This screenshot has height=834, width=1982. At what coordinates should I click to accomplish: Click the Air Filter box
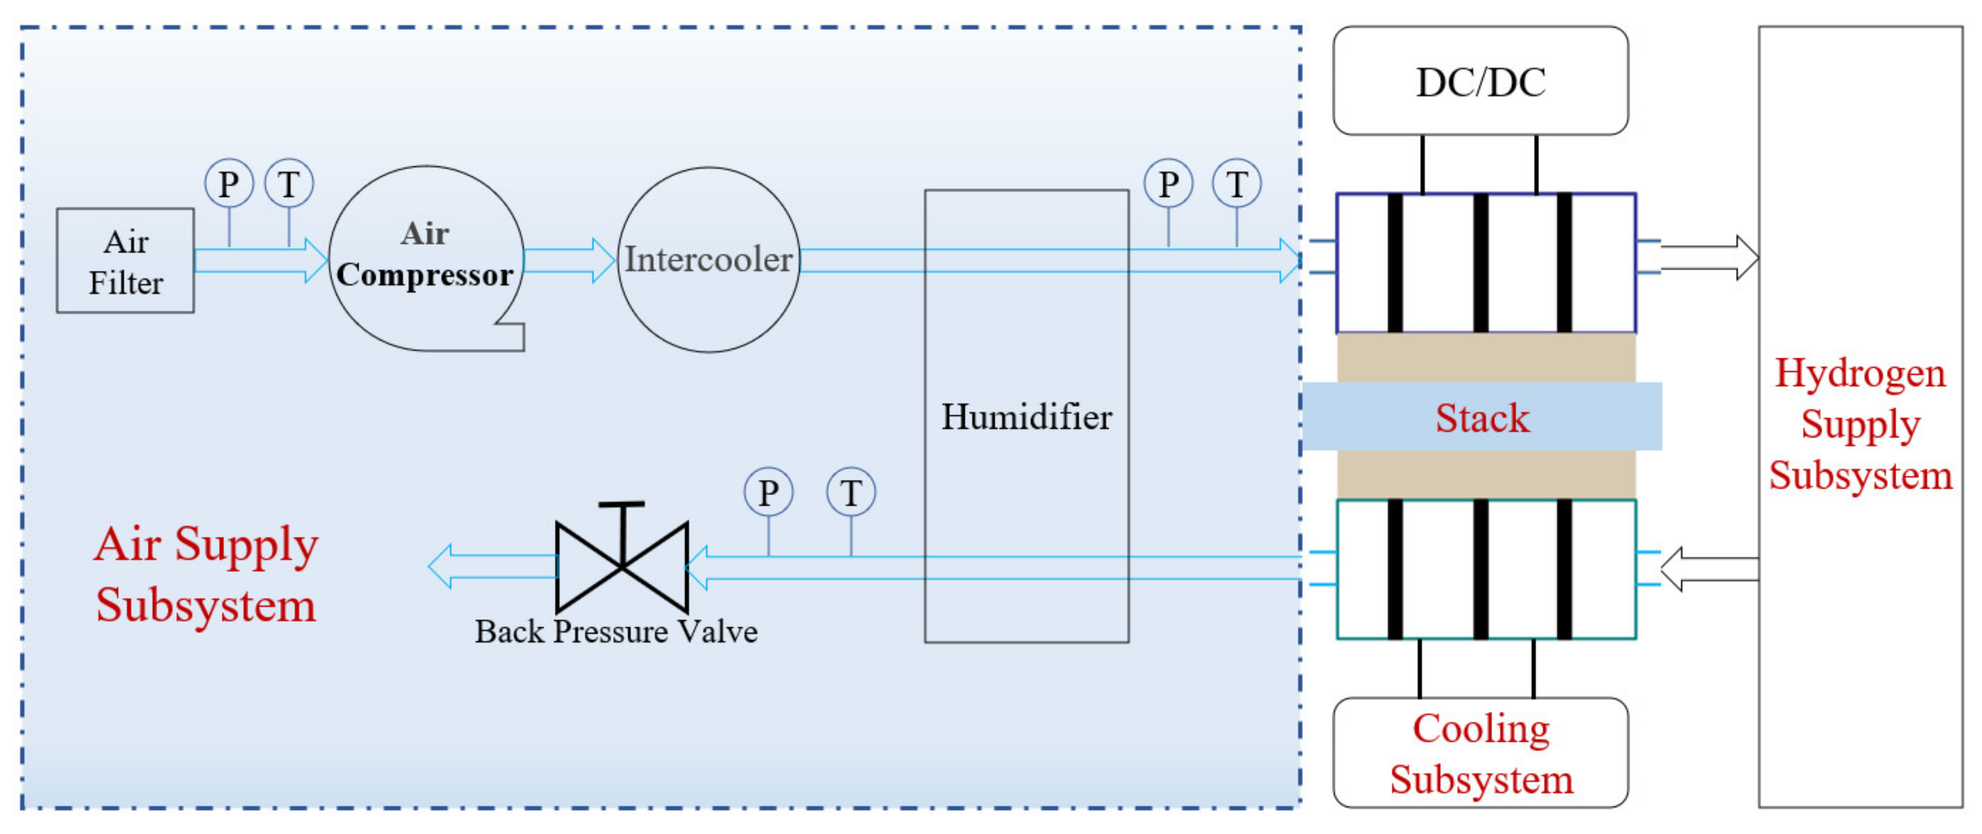tap(125, 261)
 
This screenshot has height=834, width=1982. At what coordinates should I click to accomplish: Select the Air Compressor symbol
tap(426, 258)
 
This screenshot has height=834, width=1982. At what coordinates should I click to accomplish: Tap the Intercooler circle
tap(708, 260)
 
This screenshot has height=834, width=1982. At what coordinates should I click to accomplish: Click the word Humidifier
tap(1026, 417)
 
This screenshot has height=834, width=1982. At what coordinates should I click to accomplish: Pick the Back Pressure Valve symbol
tap(622, 567)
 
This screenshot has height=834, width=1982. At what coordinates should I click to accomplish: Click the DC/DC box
tap(1480, 81)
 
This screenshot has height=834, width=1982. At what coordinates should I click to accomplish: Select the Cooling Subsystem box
tap(1480, 753)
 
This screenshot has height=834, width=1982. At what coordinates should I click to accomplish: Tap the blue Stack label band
tap(1482, 417)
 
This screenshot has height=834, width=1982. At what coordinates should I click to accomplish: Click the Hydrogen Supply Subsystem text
tap(1860, 424)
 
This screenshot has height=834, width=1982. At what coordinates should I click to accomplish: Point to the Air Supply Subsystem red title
tap(206, 574)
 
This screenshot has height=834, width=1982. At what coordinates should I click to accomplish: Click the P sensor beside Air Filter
tap(229, 183)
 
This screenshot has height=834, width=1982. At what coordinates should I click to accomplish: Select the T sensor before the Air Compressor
tap(289, 183)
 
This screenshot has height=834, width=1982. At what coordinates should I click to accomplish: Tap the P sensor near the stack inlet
tap(1167, 183)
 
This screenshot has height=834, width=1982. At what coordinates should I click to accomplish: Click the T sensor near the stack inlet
tap(1236, 183)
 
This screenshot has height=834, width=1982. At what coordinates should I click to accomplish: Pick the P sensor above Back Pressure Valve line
tap(768, 492)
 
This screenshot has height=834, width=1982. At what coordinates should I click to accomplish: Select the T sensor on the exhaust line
tap(850, 492)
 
